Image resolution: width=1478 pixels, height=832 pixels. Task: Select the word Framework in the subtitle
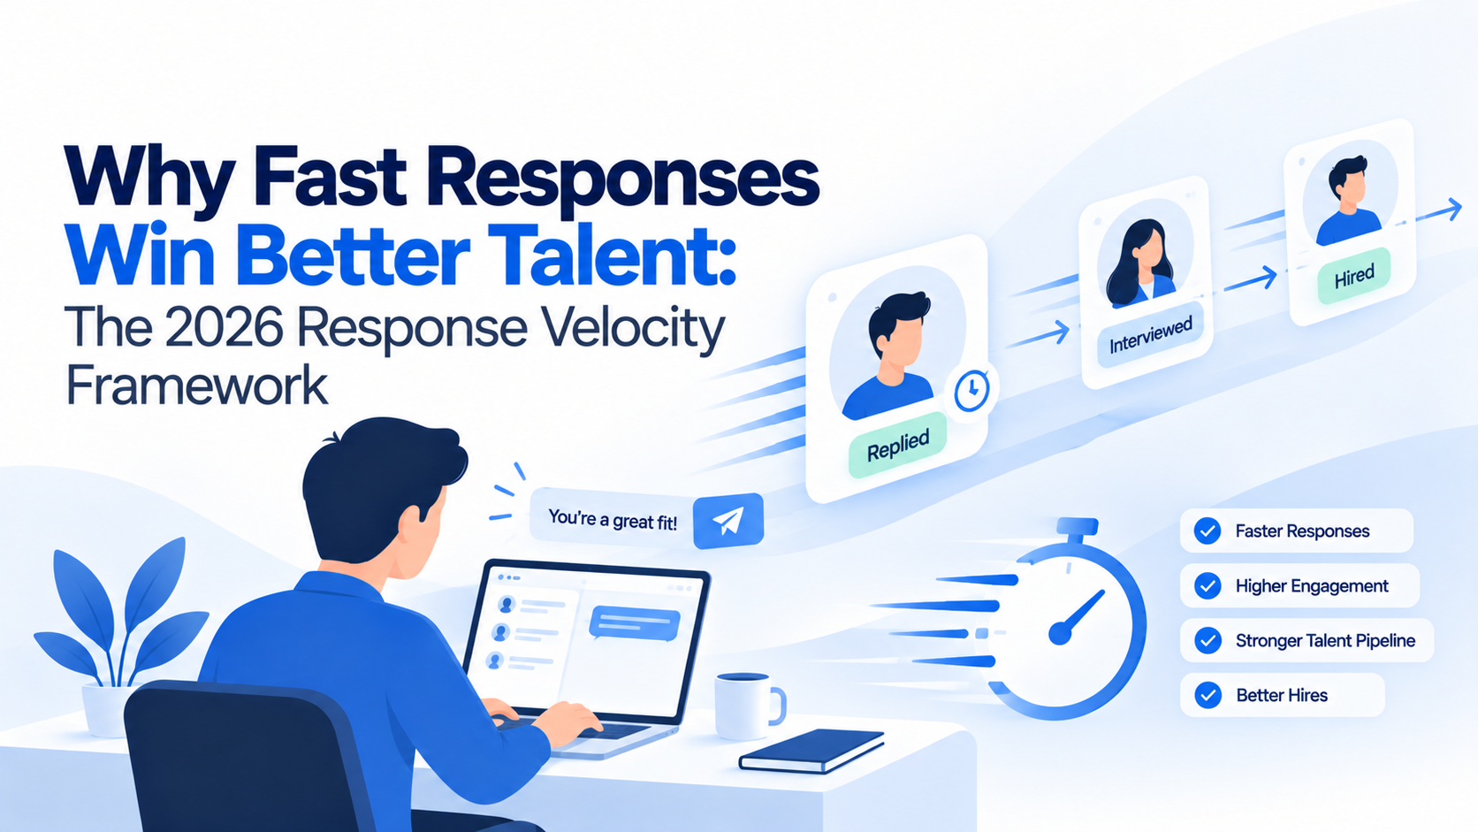(x=196, y=386)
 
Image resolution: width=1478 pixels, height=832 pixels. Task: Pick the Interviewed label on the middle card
(x=1150, y=335)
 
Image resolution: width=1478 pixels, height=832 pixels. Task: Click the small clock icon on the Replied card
(x=971, y=391)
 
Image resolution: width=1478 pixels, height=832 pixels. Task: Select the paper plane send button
(x=728, y=522)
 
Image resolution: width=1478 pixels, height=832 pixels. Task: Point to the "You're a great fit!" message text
(x=613, y=520)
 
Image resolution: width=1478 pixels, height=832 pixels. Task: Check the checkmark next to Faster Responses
(x=1207, y=531)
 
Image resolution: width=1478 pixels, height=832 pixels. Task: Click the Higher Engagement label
(x=1312, y=586)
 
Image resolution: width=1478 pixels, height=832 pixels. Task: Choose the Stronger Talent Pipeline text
(x=1326, y=641)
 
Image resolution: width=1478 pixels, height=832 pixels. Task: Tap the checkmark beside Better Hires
(x=1208, y=695)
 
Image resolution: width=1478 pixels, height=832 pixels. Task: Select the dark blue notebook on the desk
(x=811, y=751)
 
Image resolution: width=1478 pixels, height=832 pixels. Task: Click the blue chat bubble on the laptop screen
(x=634, y=623)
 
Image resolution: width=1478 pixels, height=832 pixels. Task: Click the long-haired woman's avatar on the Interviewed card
(x=1141, y=263)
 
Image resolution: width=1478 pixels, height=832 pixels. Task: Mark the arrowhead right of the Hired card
(x=1453, y=210)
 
